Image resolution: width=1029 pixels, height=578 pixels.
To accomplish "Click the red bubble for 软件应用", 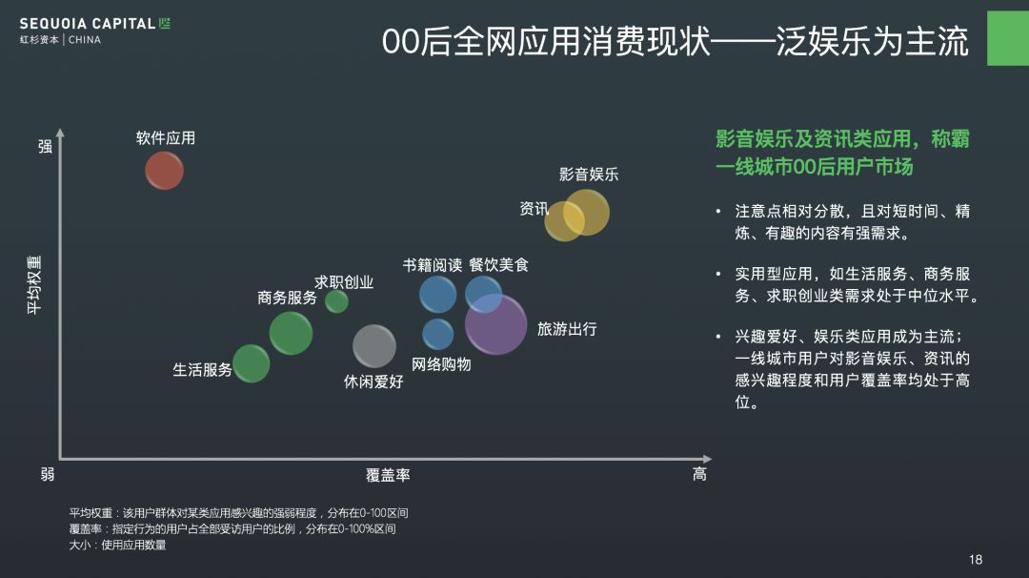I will (x=164, y=171).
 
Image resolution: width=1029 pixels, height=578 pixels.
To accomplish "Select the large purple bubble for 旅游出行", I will (x=496, y=324).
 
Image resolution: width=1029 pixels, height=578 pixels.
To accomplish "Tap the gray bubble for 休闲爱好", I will (x=374, y=345).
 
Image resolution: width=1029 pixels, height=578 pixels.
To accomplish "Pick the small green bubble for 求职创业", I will (x=336, y=301).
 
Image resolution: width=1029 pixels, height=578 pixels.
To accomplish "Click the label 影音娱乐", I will (x=589, y=175).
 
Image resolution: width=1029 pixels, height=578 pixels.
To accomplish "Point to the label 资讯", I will (x=534, y=209).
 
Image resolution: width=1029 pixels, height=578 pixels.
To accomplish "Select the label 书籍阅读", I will (x=432, y=265).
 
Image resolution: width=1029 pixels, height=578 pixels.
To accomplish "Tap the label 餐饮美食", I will (x=498, y=265).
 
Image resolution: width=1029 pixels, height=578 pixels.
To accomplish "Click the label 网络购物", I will (x=441, y=364).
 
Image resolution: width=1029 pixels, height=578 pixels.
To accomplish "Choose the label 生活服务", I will (x=202, y=370).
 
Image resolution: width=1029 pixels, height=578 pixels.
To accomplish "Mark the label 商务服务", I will (x=287, y=298).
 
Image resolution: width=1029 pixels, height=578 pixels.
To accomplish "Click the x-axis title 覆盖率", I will (x=388, y=475).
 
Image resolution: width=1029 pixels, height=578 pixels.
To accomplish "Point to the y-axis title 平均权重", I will (x=34, y=284).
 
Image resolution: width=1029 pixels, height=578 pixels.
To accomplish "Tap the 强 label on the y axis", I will (x=45, y=146).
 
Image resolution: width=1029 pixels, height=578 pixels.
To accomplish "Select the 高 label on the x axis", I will (x=699, y=474).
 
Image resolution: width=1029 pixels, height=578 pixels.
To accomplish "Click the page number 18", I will (x=975, y=560).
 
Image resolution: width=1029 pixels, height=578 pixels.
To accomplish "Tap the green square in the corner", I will (x=1007, y=39).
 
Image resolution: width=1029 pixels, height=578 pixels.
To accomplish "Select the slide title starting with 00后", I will (x=675, y=42).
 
